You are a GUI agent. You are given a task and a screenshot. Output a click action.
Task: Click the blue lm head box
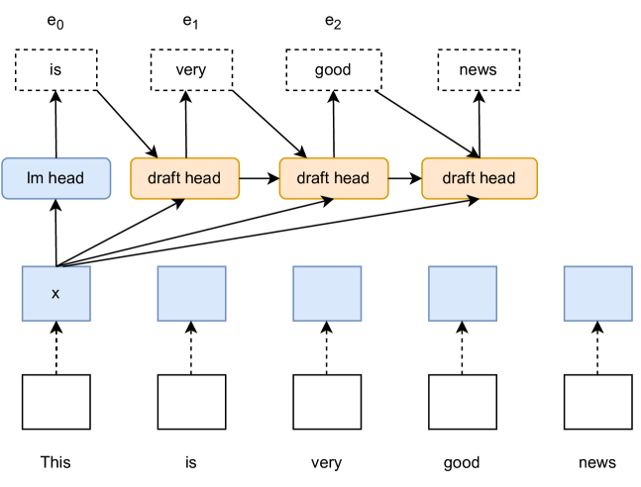pos(55,178)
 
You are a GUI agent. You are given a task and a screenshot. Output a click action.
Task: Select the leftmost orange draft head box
pos(184,178)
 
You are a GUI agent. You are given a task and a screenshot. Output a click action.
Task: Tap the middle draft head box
pos(333,178)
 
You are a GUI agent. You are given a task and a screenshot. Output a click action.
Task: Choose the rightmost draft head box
pos(480,178)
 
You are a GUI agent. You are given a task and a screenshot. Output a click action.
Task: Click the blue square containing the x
pos(55,293)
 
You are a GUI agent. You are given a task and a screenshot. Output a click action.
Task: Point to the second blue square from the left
pos(191,293)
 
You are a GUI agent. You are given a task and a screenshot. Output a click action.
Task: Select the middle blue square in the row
pos(327,293)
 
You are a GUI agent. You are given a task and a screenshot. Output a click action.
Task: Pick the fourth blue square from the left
pos(463,293)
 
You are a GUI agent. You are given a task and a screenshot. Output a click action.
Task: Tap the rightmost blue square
pos(598,293)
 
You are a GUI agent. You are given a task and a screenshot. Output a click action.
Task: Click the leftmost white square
pos(55,402)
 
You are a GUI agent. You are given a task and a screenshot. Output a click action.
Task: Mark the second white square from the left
pos(191,402)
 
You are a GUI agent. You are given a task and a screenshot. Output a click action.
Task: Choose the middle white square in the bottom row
pos(327,402)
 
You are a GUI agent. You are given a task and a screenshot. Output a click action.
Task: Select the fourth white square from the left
pos(463,402)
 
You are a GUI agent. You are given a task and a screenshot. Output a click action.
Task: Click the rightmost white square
pos(598,402)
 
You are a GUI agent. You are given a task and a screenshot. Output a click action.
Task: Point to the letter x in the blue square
pos(55,294)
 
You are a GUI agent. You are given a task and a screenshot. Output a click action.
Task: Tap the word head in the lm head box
pos(65,178)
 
